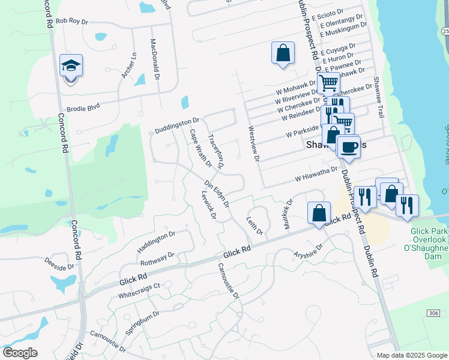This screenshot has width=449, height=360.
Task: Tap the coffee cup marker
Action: [x=348, y=146]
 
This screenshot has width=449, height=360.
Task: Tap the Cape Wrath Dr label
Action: [x=200, y=148]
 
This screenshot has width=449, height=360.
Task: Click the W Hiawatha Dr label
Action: [x=316, y=175]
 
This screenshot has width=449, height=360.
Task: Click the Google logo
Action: [x=20, y=353]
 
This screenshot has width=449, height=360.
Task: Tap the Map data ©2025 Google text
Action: [x=412, y=355]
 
